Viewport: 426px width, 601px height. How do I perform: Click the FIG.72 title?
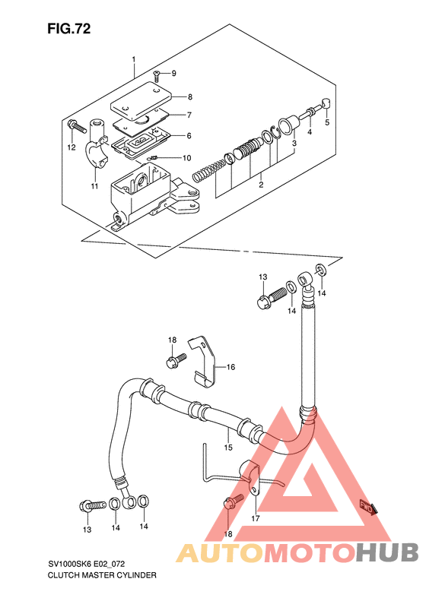click(x=69, y=29)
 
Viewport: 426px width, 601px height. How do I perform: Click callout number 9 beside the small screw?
click(x=174, y=73)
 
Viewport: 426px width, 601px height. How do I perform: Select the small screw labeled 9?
click(x=157, y=76)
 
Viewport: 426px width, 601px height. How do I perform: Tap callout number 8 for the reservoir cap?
click(x=190, y=97)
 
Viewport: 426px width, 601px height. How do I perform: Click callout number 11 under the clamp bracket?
click(x=95, y=186)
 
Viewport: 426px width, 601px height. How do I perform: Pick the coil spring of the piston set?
click(x=208, y=171)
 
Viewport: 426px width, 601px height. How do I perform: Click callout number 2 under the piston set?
click(x=261, y=185)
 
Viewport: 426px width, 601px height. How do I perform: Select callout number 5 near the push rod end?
click(x=327, y=122)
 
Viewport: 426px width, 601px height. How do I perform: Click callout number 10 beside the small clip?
click(x=186, y=158)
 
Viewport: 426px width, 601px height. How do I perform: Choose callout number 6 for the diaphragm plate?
click(x=189, y=136)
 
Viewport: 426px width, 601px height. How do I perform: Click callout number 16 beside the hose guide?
click(x=230, y=367)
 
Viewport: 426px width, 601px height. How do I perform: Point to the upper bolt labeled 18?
click(x=176, y=360)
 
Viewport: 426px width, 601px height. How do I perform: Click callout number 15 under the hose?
click(x=228, y=448)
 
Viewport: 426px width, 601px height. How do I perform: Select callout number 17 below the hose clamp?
click(x=256, y=519)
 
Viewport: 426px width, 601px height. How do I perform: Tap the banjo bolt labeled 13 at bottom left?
click(x=93, y=506)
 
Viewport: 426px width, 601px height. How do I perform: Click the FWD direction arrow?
click(x=368, y=508)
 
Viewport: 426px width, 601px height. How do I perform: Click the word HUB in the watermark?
click(x=387, y=552)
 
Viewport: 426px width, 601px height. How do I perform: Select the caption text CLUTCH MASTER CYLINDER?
click(x=102, y=575)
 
